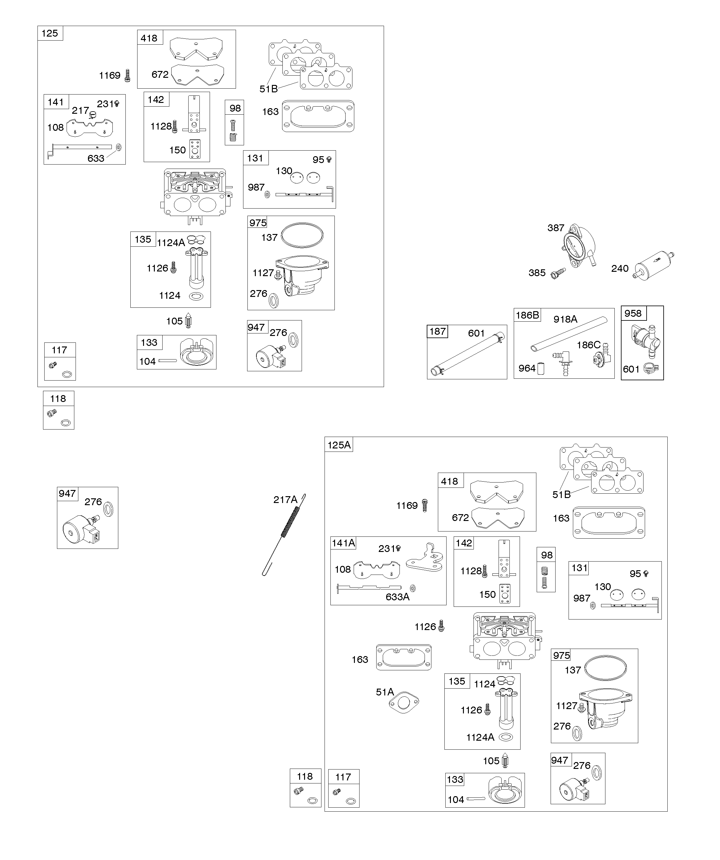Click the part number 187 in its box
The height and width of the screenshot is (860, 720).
click(x=437, y=331)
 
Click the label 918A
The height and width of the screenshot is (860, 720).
click(x=565, y=319)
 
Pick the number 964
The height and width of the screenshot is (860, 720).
click(x=527, y=368)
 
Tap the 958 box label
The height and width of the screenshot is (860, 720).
click(x=633, y=313)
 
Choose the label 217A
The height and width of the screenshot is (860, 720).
click(x=285, y=500)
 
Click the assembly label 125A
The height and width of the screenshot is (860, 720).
click(x=339, y=445)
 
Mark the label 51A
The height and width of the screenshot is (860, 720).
click(x=385, y=692)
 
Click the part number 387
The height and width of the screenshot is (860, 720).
click(x=556, y=228)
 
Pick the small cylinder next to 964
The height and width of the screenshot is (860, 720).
click(x=540, y=368)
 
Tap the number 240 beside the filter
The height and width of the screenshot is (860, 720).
click(x=620, y=268)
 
